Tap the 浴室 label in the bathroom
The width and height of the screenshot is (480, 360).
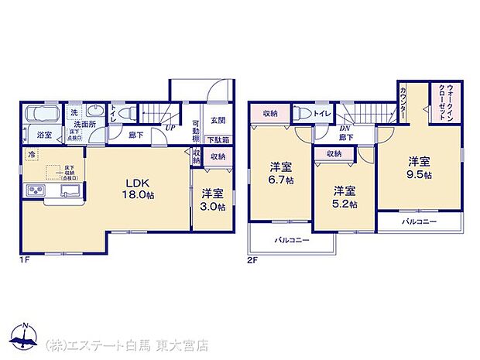coord(44,135)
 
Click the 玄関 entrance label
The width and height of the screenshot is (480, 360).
coord(218,121)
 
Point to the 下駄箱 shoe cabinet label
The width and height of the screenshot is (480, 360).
coord(218,140)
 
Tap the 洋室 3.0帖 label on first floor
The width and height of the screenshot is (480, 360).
coord(211,201)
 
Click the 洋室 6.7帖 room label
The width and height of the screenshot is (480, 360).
coord(280,174)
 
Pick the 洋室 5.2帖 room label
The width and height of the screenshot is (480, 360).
coord(345,197)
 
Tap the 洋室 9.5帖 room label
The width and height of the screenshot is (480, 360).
coord(421,168)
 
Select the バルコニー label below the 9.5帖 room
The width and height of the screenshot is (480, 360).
coord(419,222)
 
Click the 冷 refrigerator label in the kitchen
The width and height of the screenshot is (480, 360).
coord(32,155)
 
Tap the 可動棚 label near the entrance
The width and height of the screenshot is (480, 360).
coord(196,129)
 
